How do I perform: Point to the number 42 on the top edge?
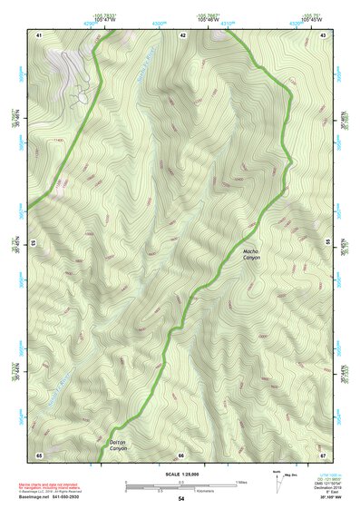182,34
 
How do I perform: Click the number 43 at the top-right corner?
324,34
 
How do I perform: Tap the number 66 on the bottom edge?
181,454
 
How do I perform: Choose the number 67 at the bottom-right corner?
323,454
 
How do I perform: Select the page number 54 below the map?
181,499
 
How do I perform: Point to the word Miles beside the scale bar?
241,481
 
